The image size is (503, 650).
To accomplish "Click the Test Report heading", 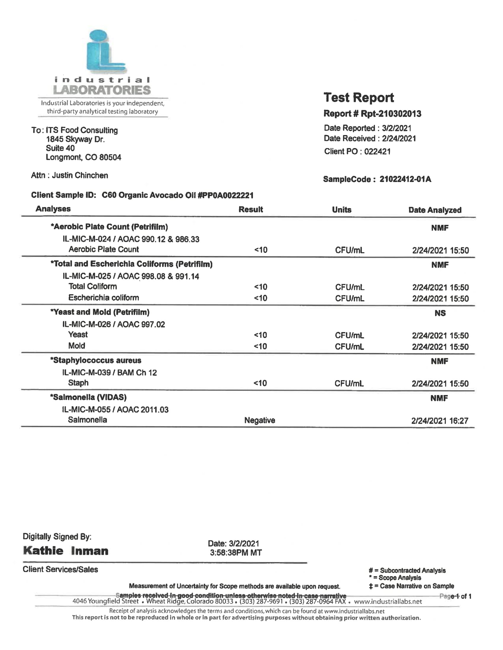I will pyautogui.click(x=359, y=97).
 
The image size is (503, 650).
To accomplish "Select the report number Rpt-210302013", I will pyautogui.click(x=391, y=114).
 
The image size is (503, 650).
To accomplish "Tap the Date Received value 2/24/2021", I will pyautogui.click(x=399, y=138).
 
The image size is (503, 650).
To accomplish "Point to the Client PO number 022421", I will pyautogui.click(x=377, y=152).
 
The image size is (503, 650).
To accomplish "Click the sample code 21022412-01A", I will pyautogui.click(x=405, y=179).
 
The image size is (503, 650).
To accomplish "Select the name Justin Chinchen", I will pyautogui.click(x=80, y=175).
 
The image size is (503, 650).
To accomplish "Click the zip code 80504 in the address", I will pyautogui.click(x=110, y=157).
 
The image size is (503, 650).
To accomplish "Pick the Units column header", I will pyautogui.click(x=341, y=210).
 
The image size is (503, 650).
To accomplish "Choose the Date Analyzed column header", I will pyautogui.click(x=434, y=210).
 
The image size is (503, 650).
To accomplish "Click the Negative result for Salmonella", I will pyautogui.click(x=259, y=420).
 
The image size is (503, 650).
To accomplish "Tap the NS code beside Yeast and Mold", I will pyautogui.click(x=440, y=313).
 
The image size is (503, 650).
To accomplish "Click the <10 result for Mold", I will pyautogui.click(x=260, y=347).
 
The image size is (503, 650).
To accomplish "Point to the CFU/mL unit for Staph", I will pyautogui.click(x=349, y=383).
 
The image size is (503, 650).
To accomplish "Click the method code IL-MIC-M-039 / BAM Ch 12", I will pyautogui.click(x=109, y=373).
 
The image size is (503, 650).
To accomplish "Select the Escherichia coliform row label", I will pyautogui.click(x=103, y=298).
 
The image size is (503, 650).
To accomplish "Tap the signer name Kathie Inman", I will pyautogui.click(x=66, y=551).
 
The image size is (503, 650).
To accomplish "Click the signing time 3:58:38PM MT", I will pyautogui.click(x=236, y=553).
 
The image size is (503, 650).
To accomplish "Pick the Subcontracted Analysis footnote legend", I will pyautogui.click(x=407, y=571).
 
